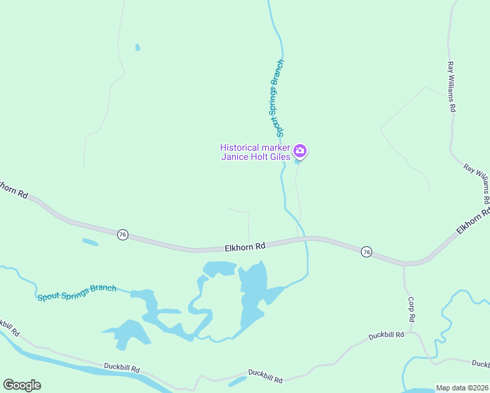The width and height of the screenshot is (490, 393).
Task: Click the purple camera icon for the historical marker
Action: click(299, 151)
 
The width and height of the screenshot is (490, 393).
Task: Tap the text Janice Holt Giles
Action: click(254, 157)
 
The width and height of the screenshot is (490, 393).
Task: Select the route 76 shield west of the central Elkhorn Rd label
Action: click(122, 234)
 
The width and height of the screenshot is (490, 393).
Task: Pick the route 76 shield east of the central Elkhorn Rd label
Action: click(366, 252)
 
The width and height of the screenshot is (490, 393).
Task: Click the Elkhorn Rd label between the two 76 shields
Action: click(245, 247)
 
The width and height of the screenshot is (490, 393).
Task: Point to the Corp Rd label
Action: click(412, 309)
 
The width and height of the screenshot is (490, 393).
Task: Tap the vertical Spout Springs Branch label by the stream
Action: click(278, 98)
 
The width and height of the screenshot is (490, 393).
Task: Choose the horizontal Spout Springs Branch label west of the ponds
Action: click(77, 292)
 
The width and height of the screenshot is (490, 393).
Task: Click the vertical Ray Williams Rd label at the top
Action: click(451, 87)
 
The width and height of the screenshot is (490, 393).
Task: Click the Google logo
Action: click(22, 385)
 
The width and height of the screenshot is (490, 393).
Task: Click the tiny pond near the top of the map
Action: click(137, 47)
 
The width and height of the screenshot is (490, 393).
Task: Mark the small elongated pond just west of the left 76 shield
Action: click(90, 242)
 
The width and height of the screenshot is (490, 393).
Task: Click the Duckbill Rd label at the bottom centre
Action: click(265, 376)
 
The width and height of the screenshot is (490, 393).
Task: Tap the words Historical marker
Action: click(254, 147)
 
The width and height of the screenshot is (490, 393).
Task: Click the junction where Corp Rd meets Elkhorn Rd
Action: click(404, 265)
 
